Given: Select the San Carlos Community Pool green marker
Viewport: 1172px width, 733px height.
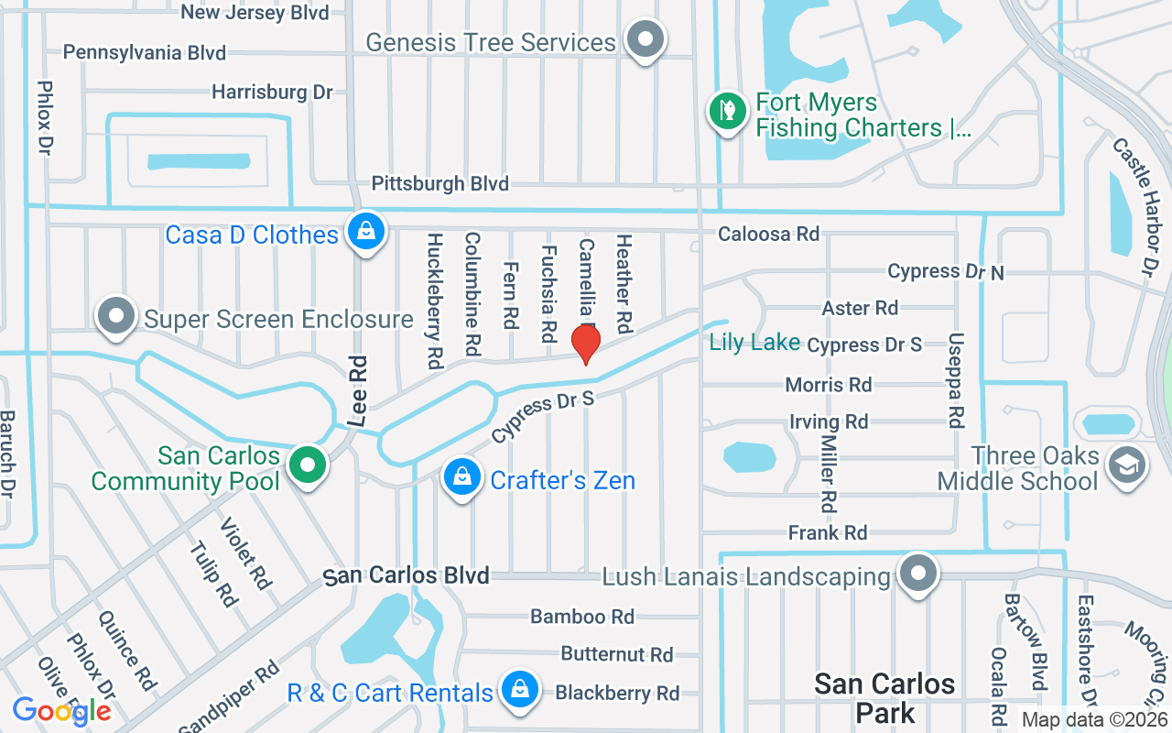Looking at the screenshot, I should [x=309, y=465].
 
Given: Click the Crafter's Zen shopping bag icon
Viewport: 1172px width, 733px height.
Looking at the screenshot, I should [x=463, y=477].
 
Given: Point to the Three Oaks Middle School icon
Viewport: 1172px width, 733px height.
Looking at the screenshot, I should [x=1127, y=465].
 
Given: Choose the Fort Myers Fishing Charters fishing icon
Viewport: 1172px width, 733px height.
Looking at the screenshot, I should [x=727, y=111].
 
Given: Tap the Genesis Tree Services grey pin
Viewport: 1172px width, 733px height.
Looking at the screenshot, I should [x=646, y=39].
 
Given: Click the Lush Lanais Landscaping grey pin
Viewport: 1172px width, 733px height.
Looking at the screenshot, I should [x=918, y=574].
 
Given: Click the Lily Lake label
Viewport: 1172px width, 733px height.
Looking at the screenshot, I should [x=754, y=343].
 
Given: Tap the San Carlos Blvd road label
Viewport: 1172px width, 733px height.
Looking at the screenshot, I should [x=407, y=575].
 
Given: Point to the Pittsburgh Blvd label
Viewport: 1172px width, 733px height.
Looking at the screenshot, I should [x=439, y=184].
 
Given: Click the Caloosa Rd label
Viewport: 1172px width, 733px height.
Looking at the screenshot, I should [x=768, y=235].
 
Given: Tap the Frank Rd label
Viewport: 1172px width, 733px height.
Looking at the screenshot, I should [x=828, y=532].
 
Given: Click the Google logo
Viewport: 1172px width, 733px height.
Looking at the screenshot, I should [x=61, y=710].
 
